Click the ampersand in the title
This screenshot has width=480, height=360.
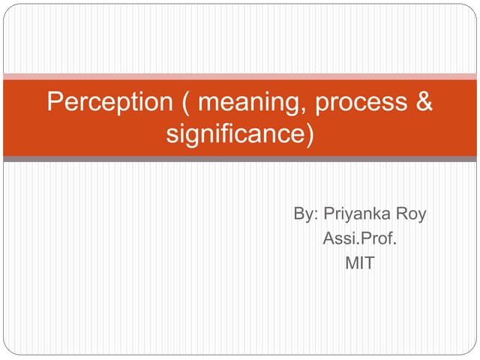click(x=424, y=102)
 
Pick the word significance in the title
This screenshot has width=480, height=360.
click(x=234, y=136)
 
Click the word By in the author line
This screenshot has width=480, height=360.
click(x=304, y=214)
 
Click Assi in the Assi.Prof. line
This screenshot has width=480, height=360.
click(x=337, y=239)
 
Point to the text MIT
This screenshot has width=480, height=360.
click(x=359, y=264)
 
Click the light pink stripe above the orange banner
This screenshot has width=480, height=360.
click(x=240, y=76)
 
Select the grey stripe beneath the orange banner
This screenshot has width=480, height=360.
click(x=240, y=159)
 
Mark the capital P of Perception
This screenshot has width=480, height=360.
click(x=54, y=102)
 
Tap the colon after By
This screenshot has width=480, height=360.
click(x=317, y=216)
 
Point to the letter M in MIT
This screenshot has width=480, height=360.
click(x=351, y=264)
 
